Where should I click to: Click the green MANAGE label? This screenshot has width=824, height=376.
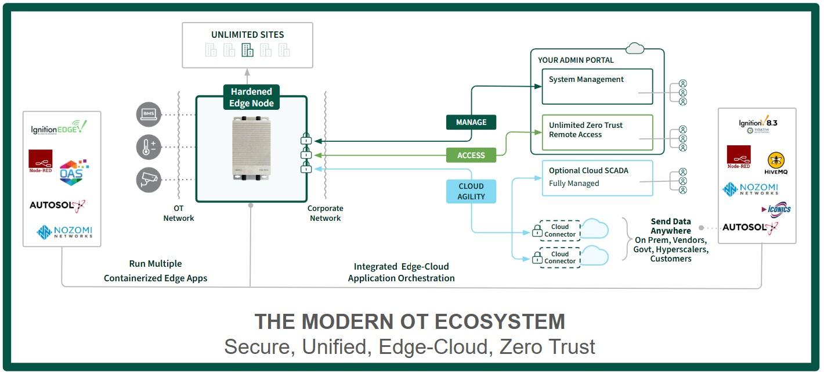tap(471, 122)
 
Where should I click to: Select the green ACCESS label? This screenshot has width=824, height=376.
tap(471, 155)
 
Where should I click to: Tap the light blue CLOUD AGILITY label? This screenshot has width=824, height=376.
tap(471, 192)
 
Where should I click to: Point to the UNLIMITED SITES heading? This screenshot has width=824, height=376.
tap(248, 35)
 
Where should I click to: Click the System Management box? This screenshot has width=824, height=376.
tap(597, 87)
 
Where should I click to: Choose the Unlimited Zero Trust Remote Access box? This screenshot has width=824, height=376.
tap(597, 133)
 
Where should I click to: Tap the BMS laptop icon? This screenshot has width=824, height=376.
tap(149, 114)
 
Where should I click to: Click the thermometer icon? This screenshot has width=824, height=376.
tap(149, 147)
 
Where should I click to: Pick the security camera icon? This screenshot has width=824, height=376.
tap(149, 180)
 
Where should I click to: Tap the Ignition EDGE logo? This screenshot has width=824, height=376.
tap(59, 127)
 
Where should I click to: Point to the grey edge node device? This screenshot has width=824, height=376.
tap(251, 149)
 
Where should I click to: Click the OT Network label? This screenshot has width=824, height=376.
tap(179, 213)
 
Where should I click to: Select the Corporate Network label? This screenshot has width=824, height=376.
tap(326, 213)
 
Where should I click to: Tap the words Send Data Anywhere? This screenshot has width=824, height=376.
tap(670, 226)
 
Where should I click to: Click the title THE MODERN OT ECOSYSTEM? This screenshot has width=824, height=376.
tap(410, 322)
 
